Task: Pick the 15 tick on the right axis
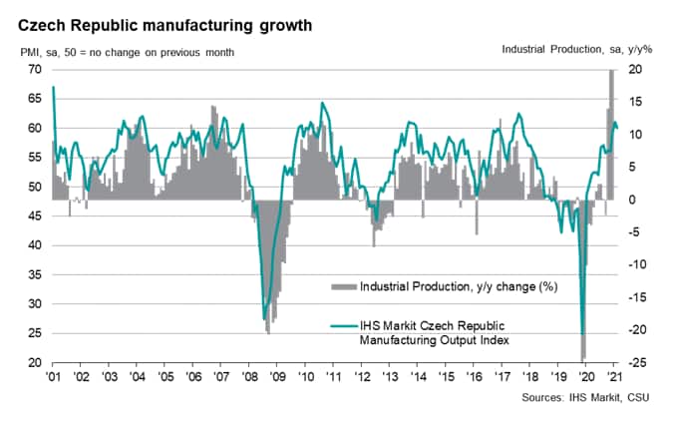[635, 102]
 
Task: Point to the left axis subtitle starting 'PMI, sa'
[126, 51]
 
